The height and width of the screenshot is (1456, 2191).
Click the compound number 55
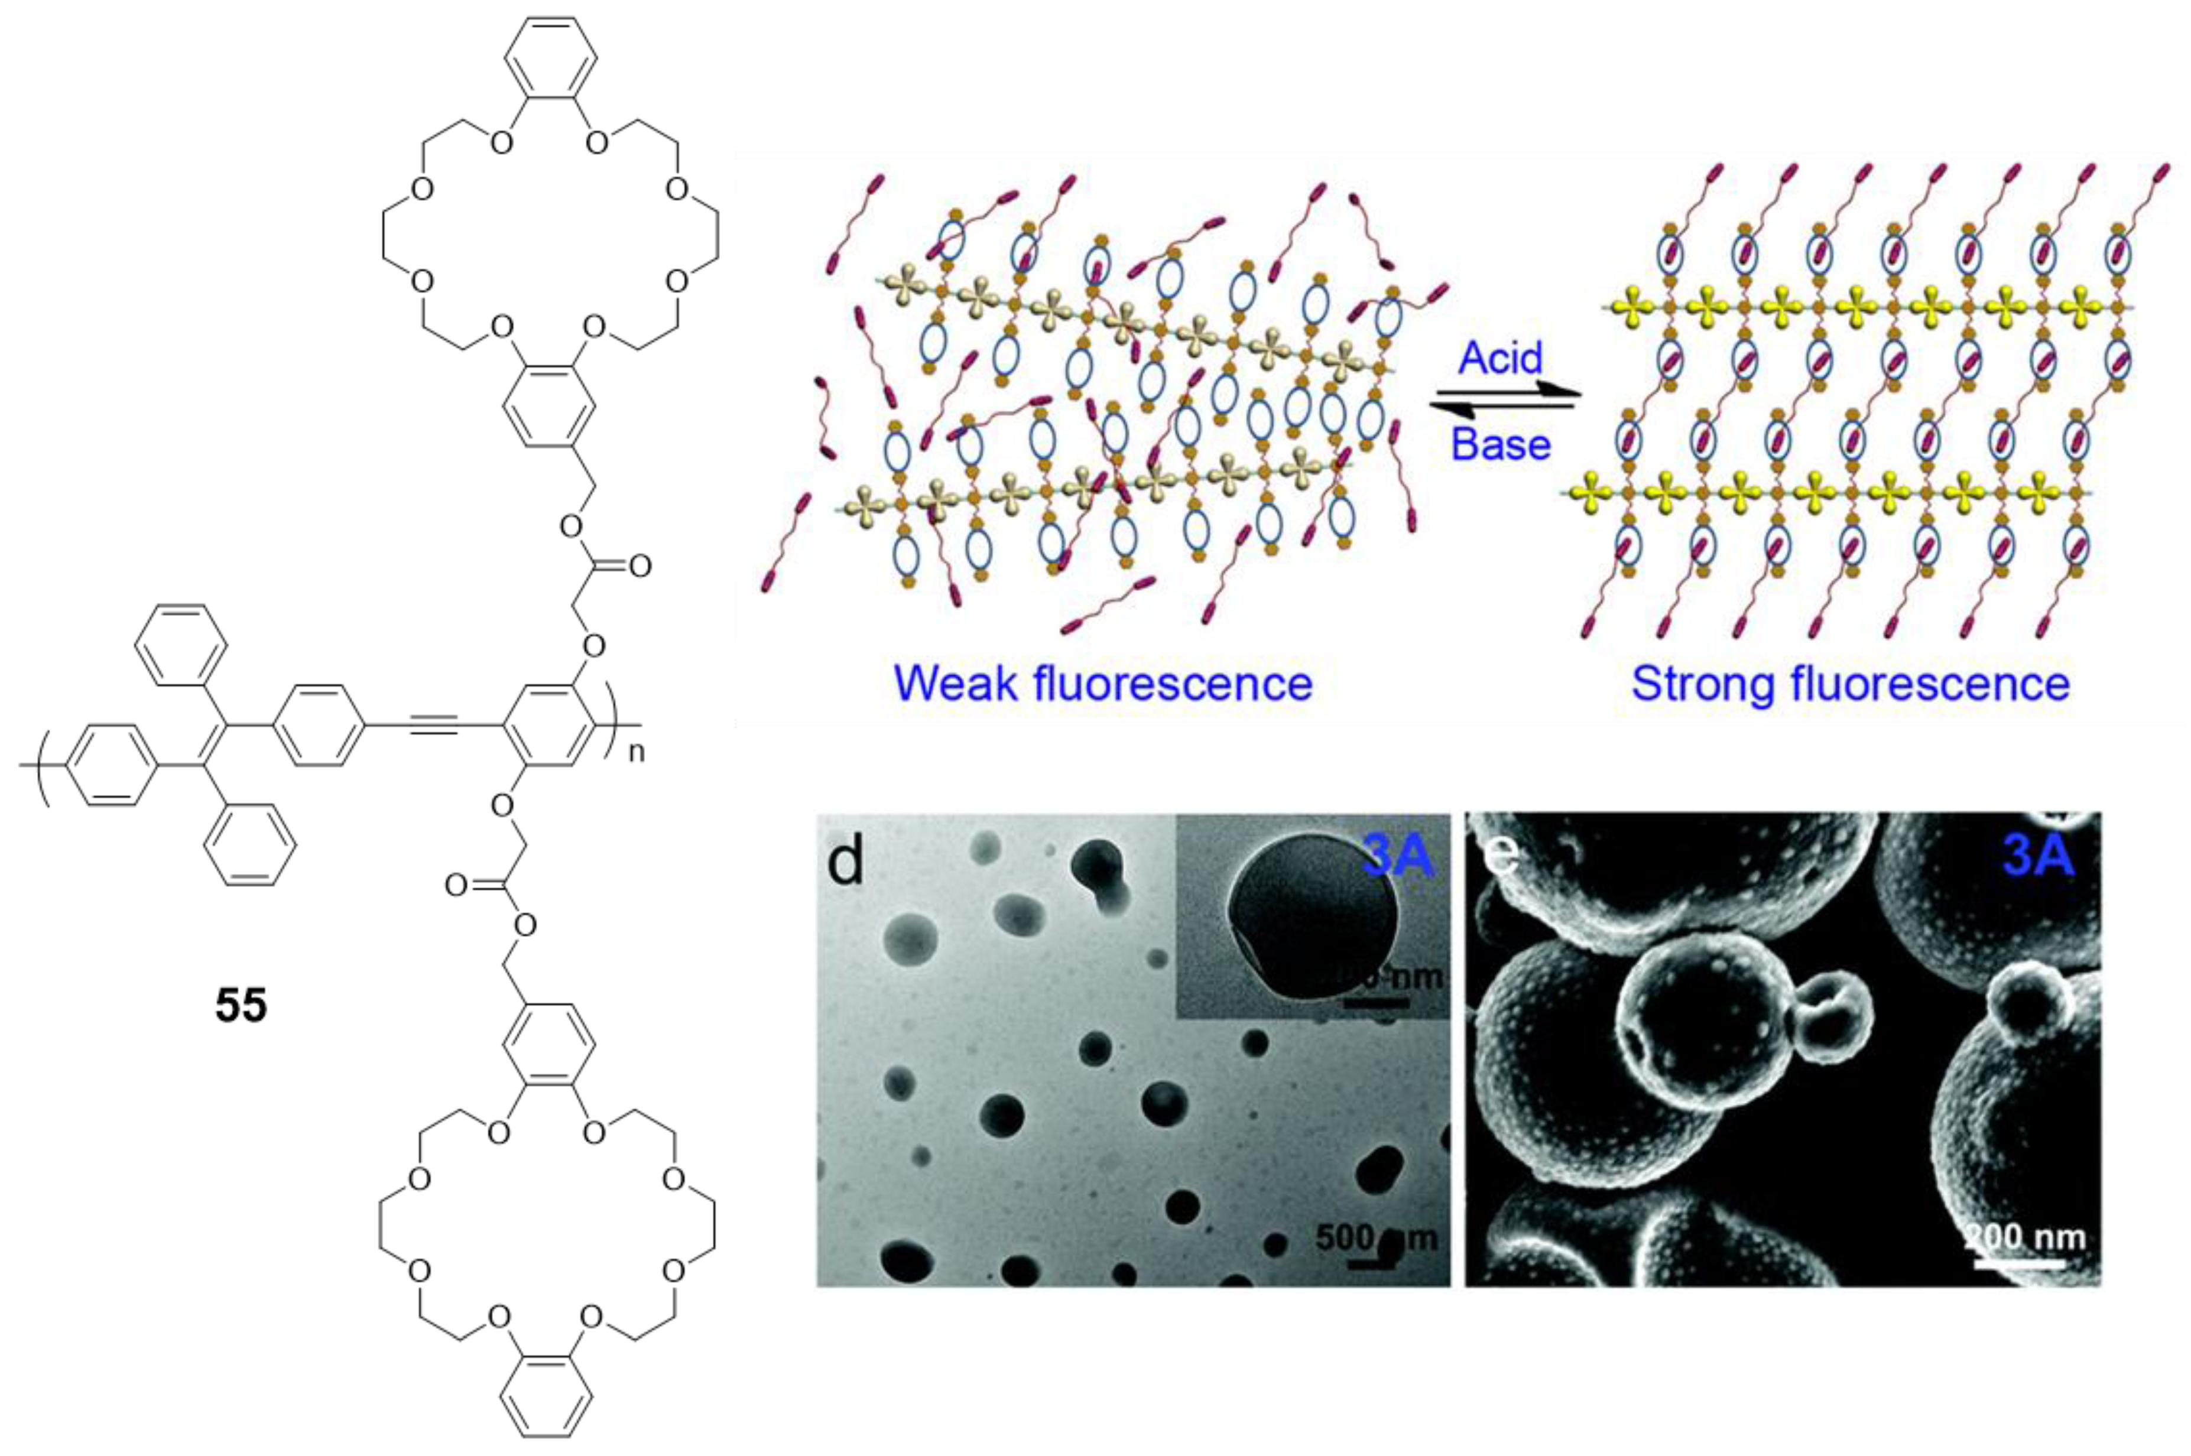point(241,1006)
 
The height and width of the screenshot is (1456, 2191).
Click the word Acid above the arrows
point(1500,357)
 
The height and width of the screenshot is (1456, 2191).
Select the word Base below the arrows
point(1501,445)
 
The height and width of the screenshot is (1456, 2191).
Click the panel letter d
point(845,862)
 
